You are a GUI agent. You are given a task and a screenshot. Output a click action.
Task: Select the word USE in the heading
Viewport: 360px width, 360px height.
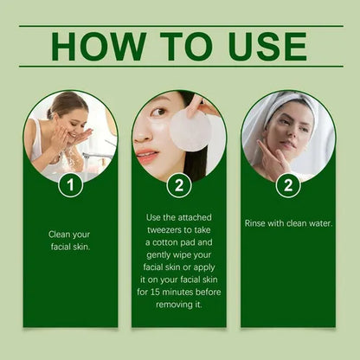(x=267, y=46)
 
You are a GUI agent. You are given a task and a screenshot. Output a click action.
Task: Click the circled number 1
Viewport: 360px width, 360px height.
(x=70, y=184)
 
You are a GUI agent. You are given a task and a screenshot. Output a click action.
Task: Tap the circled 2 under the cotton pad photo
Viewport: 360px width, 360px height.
(x=179, y=185)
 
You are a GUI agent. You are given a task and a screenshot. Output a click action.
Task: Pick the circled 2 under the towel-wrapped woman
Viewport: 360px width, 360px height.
(x=288, y=185)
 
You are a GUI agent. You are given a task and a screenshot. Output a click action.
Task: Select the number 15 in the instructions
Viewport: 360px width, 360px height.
(x=155, y=292)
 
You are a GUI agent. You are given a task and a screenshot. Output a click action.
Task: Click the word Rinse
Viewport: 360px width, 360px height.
(x=254, y=223)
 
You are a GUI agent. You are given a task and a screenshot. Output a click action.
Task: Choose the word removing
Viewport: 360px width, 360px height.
(x=172, y=305)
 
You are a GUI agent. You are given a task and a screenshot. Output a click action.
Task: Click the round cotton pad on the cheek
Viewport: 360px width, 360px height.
(x=190, y=132)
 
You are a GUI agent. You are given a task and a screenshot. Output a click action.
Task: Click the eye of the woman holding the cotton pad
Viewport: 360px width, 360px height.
(x=158, y=112)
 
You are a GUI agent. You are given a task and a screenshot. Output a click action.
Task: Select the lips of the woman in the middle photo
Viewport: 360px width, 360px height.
(x=145, y=157)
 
